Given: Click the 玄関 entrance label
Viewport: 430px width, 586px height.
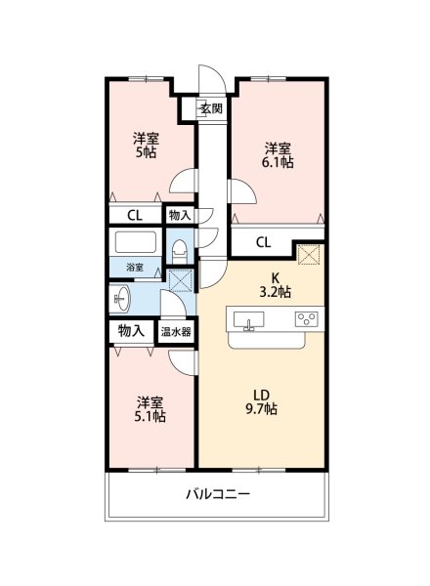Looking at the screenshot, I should pos(211,108).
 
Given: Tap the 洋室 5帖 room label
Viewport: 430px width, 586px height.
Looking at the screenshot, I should pos(147,146).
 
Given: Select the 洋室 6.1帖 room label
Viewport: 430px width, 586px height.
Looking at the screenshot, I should pos(278,155).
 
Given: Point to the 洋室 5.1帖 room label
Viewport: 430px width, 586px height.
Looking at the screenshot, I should pos(150,409).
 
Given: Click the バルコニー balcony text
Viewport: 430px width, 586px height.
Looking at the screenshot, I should pos(219,494).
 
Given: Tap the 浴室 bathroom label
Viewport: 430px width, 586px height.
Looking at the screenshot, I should pos(134,268).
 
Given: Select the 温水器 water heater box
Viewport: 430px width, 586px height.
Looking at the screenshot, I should pos(176,332).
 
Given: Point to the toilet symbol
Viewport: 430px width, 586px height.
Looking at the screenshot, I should pos(180,250).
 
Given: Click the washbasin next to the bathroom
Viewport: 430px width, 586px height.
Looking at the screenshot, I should pos(124,298).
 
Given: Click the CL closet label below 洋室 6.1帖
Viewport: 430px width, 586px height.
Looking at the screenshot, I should pos(264,242).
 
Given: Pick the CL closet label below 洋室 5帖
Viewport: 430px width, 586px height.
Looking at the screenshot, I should pos(135,214).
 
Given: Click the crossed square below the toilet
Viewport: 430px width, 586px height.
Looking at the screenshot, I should pos(181,280).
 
